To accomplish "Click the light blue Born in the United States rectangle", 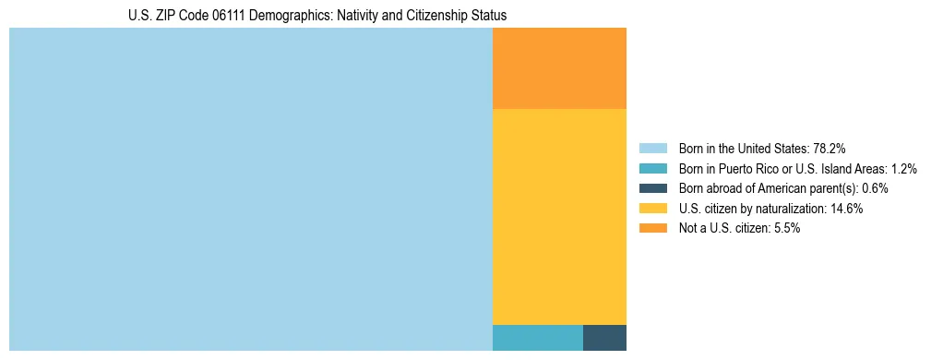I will pyautogui.click(x=250, y=189).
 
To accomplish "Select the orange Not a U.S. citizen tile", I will pyautogui.click(x=559, y=68).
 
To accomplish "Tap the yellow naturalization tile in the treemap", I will pyautogui.click(x=559, y=217).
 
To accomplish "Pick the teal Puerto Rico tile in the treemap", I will pyautogui.click(x=537, y=338).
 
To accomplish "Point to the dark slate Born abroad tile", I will pyautogui.click(x=604, y=338).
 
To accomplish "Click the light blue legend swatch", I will pyautogui.click(x=652, y=148).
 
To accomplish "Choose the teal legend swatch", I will pyautogui.click(x=652, y=168).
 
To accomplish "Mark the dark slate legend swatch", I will pyautogui.click(x=652, y=188).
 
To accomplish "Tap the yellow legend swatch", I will pyautogui.click(x=652, y=209).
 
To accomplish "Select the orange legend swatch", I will pyautogui.click(x=652, y=229).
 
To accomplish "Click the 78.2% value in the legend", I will pyautogui.click(x=829, y=148).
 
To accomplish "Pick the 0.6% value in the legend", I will pyautogui.click(x=875, y=188).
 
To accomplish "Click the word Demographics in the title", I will pyautogui.click(x=285, y=16).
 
